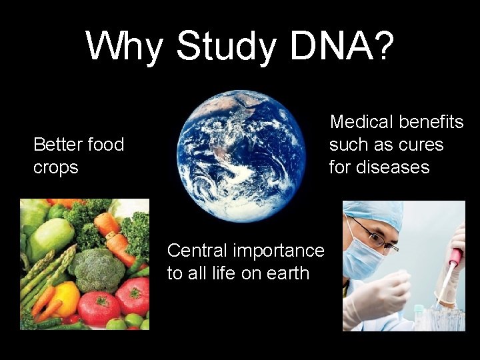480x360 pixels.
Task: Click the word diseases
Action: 391,167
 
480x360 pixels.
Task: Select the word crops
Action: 56,167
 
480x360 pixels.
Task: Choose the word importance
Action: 283,251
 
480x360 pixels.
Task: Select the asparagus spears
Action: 43,273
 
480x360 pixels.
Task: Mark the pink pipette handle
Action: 455,256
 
